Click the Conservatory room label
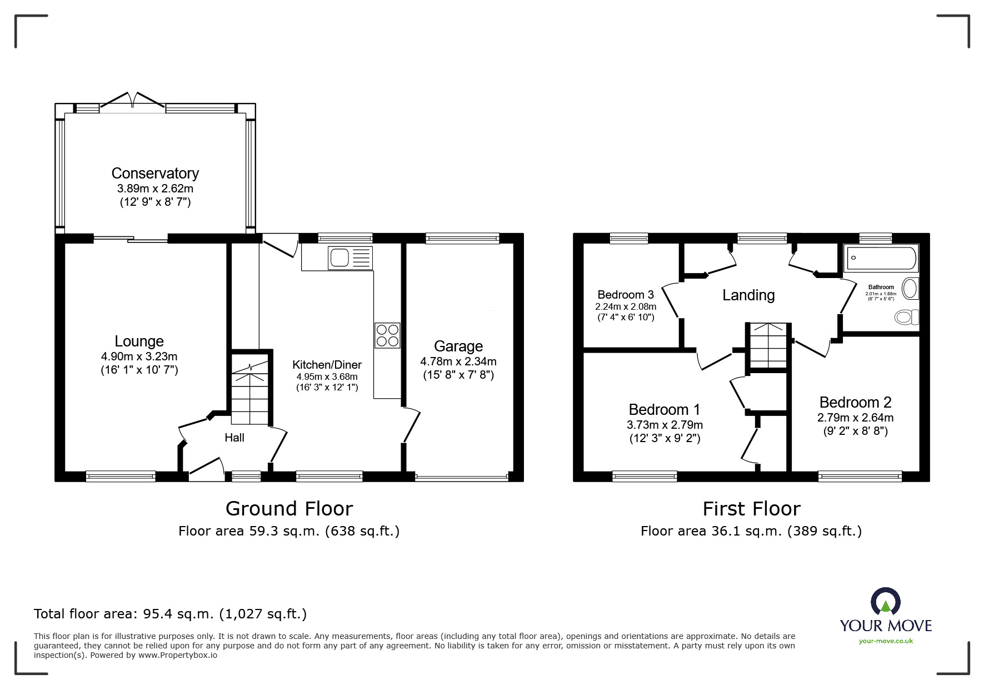point(155,174)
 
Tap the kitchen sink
point(351,258)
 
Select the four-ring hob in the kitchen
point(387,335)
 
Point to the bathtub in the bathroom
point(880,258)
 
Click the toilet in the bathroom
point(907,318)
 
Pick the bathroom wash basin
point(910,289)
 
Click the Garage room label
point(458,346)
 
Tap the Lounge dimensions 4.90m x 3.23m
point(139,356)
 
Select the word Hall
point(234,438)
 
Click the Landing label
point(748,295)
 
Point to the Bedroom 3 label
point(626,295)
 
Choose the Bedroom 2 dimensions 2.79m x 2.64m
point(856,418)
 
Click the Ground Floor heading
point(289,509)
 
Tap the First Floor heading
point(751,509)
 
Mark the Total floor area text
point(171,614)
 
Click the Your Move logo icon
point(885,602)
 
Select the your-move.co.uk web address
point(886,641)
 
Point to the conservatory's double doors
point(132,100)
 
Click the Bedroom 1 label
point(665,410)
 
